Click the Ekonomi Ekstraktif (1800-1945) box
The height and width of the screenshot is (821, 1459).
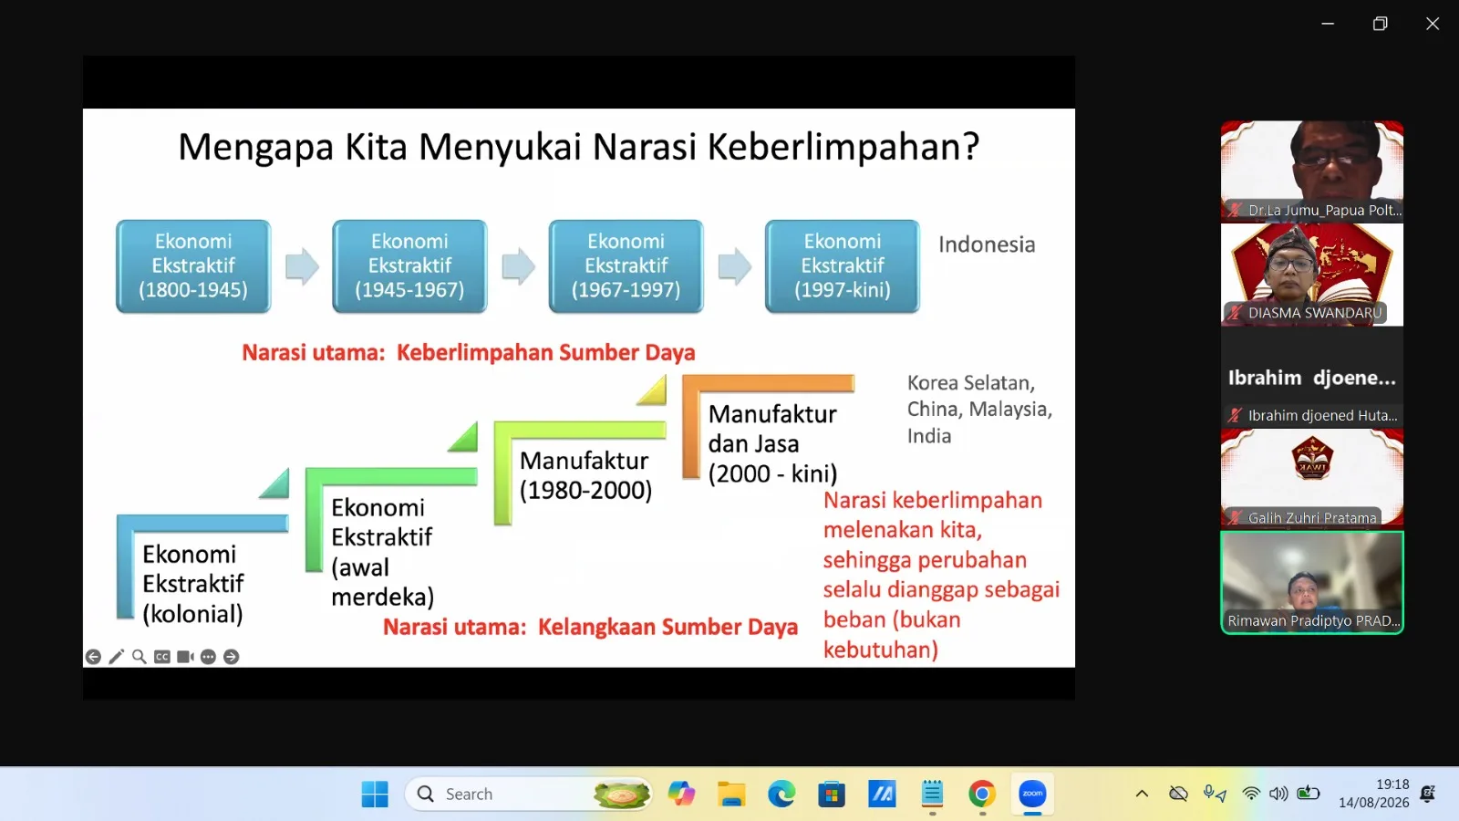[x=193, y=265]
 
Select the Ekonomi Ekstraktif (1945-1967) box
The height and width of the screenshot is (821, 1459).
[x=409, y=265]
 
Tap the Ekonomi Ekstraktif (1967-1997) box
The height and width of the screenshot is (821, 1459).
[x=626, y=265]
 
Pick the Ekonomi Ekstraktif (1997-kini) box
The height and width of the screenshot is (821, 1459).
[x=843, y=265]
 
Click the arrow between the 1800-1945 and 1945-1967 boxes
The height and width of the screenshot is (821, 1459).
[x=302, y=266]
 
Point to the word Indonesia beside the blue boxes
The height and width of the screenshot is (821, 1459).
[x=987, y=244]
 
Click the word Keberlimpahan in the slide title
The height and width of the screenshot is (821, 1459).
[x=843, y=147]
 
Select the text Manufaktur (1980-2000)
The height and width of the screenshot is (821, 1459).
[x=585, y=475]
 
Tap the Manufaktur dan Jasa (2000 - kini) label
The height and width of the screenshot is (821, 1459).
[x=773, y=443]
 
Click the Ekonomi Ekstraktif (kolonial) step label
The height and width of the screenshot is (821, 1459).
[x=192, y=584]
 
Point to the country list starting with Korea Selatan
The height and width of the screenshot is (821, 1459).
[x=979, y=410]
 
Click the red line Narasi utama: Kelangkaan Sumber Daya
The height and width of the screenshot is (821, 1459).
[x=590, y=627]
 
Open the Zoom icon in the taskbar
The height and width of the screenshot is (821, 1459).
[x=1032, y=794]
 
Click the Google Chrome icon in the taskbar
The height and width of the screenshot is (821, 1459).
[x=982, y=794]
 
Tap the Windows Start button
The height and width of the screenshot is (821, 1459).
[x=375, y=794]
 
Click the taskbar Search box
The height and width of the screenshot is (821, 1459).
[x=528, y=794]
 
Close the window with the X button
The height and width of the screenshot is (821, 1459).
[x=1433, y=24]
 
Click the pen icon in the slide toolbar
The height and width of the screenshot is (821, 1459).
[x=117, y=657]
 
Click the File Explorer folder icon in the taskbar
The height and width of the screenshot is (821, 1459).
[x=731, y=794]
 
